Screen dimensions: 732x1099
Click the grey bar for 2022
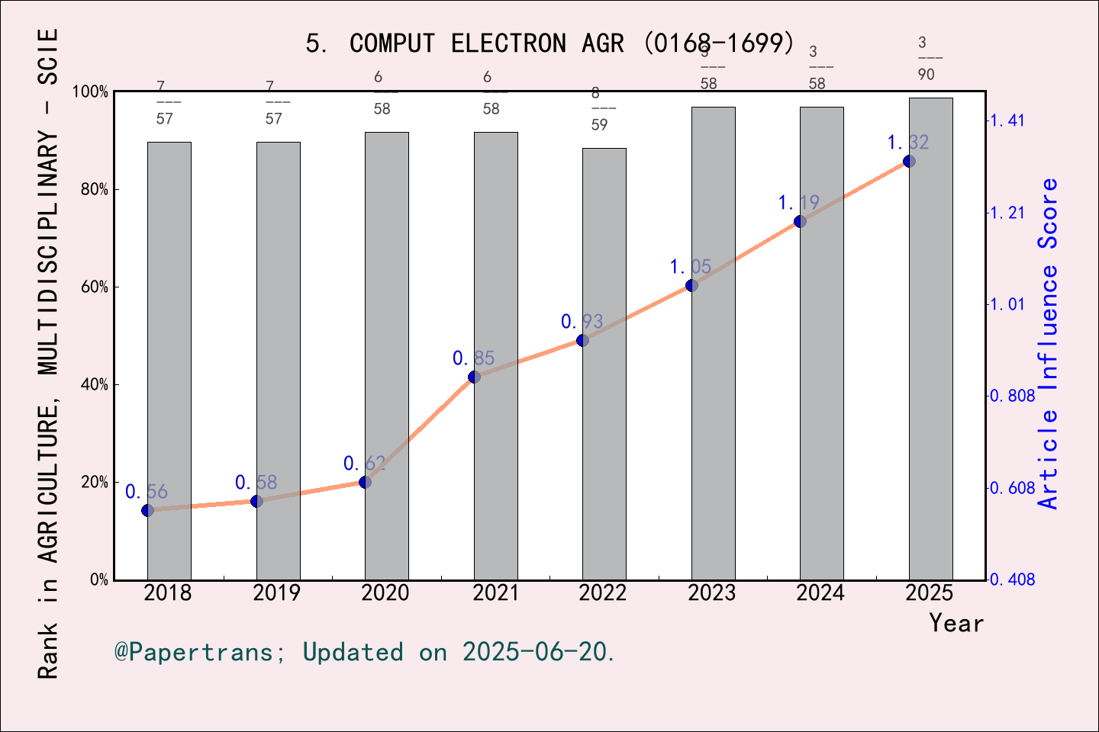(x=604, y=457)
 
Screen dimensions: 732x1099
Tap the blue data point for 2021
(x=474, y=377)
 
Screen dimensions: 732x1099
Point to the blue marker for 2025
(x=909, y=161)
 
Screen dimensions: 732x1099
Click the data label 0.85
(x=473, y=358)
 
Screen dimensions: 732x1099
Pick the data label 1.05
(x=691, y=267)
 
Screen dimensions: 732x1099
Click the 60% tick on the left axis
(x=95, y=287)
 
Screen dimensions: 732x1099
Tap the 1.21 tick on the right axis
(x=1007, y=213)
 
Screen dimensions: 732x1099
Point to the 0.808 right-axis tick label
(x=1013, y=396)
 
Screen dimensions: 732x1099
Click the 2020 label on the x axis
(x=385, y=592)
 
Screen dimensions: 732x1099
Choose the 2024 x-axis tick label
(x=820, y=592)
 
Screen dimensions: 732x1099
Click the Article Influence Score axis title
(x=1049, y=343)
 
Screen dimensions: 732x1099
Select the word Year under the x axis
(x=956, y=623)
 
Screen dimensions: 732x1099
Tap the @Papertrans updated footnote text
(x=365, y=652)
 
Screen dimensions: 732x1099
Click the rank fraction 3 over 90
(x=926, y=59)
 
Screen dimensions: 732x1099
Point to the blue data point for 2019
(x=256, y=501)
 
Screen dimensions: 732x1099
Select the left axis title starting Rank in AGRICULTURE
(x=48, y=355)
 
